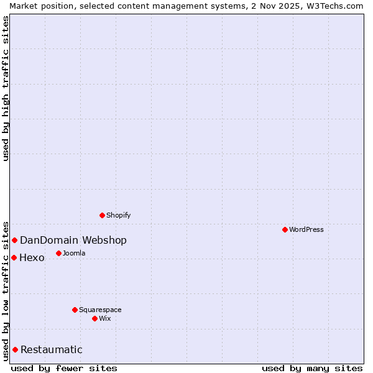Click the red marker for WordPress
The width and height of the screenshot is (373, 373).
point(285,229)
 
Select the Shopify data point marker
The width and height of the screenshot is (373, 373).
point(102,215)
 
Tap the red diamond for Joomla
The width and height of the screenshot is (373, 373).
point(58,253)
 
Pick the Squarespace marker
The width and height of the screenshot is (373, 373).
point(75,310)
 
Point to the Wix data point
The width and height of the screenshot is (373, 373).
point(94,318)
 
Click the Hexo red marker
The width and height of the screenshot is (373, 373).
point(14,257)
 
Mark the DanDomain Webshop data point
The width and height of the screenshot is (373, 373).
point(14,240)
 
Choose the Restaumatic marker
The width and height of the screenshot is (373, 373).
point(15,349)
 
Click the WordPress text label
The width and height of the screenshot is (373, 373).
point(306,229)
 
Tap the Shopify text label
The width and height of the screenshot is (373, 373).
point(118,215)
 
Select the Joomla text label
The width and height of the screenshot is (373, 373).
point(74,253)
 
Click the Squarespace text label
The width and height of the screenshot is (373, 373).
point(100,310)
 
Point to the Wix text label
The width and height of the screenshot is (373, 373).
point(104,318)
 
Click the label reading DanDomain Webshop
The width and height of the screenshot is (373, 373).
point(73,241)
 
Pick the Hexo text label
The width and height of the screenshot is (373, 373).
point(32,258)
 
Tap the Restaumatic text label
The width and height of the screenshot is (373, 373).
point(52,350)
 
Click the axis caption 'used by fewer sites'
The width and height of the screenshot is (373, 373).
point(64,368)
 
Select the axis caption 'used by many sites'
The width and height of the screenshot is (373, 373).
point(312,368)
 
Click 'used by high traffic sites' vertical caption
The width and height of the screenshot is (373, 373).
point(6,88)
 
